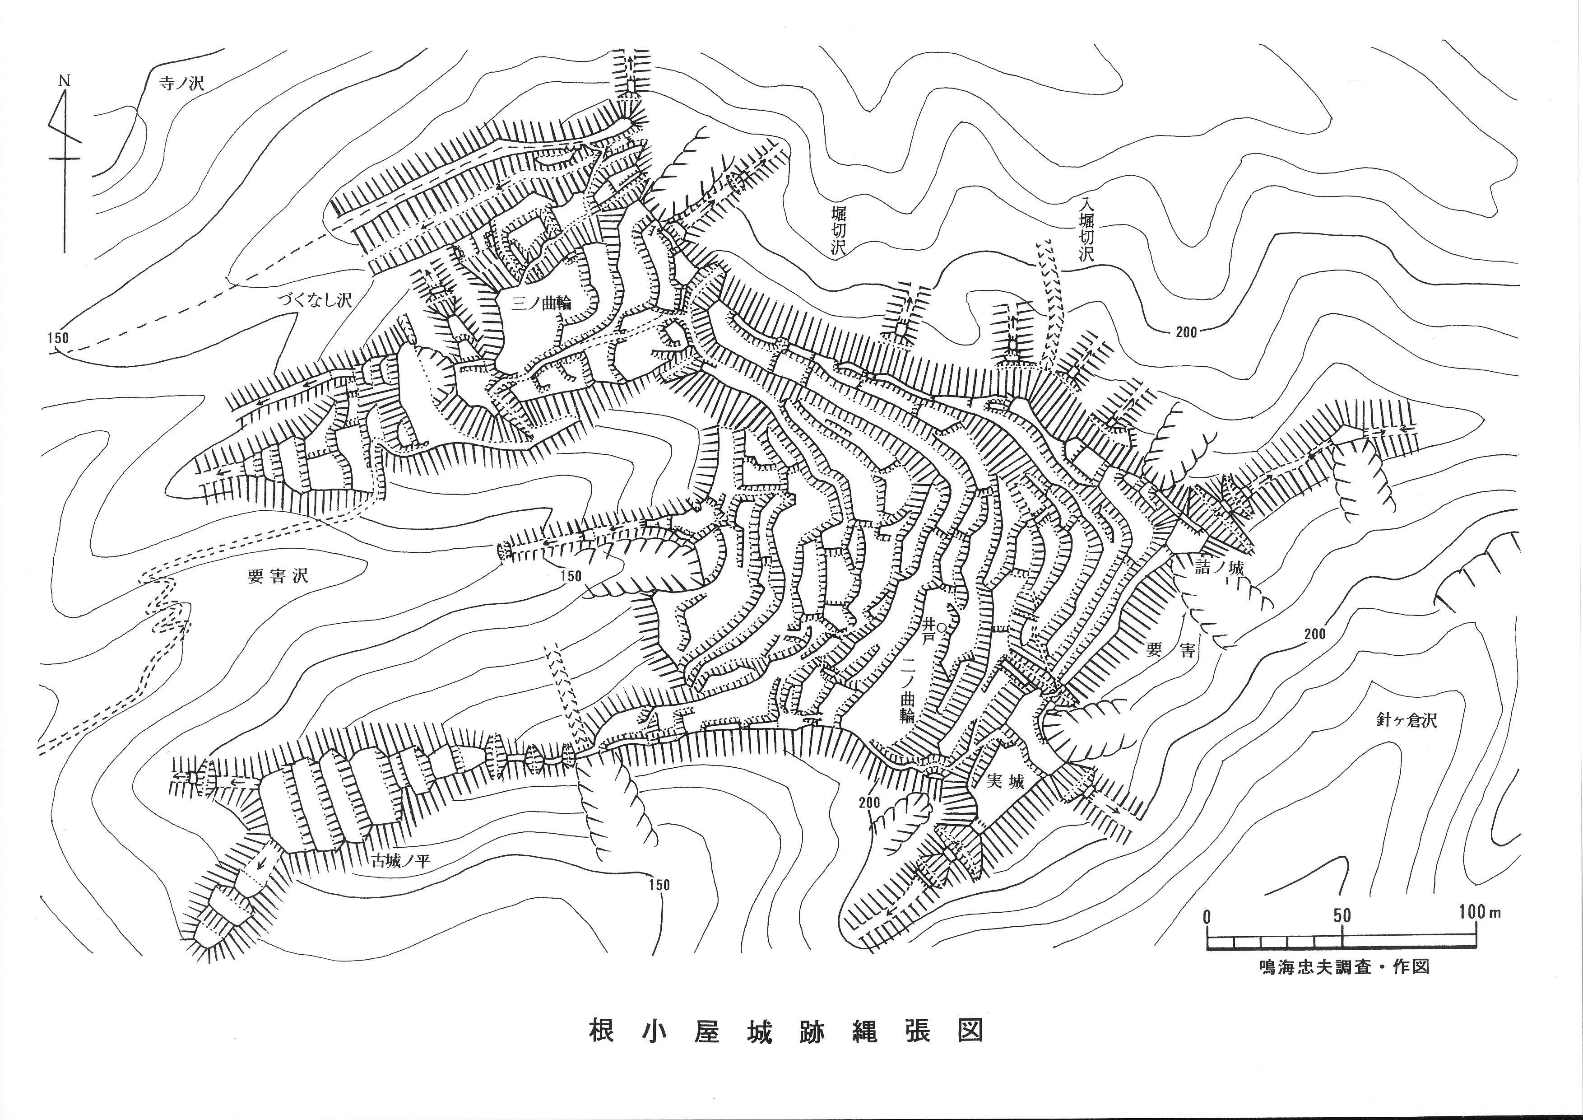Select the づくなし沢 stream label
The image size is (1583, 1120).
pos(315,300)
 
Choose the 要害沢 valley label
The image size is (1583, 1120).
pos(278,576)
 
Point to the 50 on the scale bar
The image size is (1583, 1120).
pos(1341,916)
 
